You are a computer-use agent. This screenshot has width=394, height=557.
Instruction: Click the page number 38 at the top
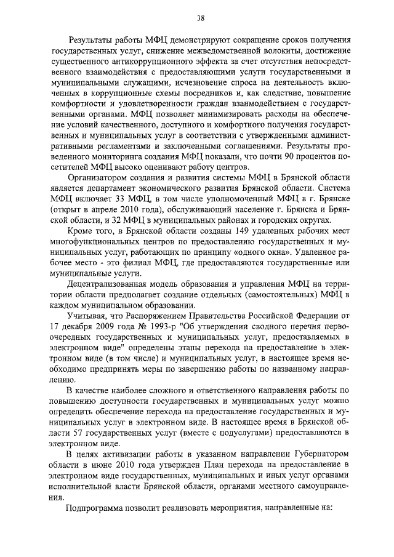[x=197, y=17]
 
